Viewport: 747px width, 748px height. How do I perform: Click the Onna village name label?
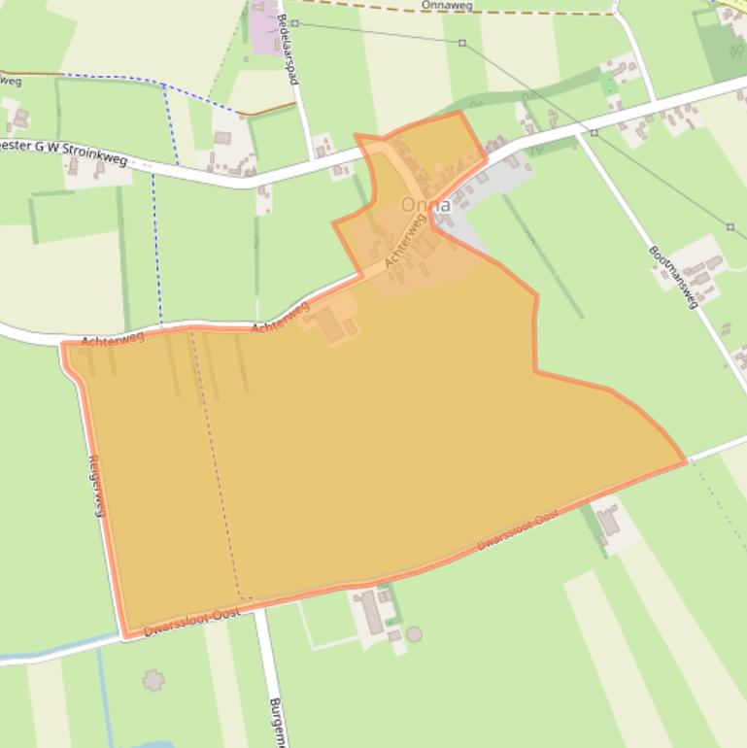tap(426, 206)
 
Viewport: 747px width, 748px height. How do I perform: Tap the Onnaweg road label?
tap(446, 5)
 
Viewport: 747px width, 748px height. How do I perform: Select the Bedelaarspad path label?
tap(286, 49)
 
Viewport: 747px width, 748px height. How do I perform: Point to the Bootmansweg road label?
tap(673, 277)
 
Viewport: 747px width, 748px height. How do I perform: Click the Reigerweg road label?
tap(95, 486)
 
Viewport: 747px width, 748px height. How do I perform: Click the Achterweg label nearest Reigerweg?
tap(113, 339)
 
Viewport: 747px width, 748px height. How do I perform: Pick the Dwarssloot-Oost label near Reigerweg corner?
tap(191, 621)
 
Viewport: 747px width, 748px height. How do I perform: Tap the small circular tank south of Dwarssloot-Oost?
tap(415, 634)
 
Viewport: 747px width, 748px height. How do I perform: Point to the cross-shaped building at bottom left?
tap(153, 680)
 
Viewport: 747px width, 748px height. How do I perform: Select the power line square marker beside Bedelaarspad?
tap(294, 22)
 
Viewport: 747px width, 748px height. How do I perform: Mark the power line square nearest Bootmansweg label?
tap(730, 227)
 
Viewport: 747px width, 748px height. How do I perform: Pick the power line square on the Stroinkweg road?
tap(594, 131)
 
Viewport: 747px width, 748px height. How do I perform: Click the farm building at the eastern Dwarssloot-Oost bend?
tap(608, 522)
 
